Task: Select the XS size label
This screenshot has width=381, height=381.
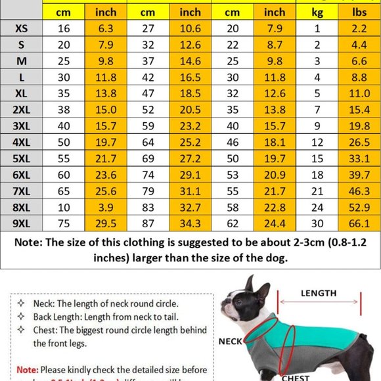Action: click(x=21, y=28)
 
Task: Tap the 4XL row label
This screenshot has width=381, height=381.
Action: click(x=21, y=141)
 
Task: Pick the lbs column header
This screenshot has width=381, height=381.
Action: click(x=358, y=12)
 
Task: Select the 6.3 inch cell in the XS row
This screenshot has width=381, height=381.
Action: click(x=106, y=28)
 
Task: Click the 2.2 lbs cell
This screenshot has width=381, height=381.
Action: click(x=358, y=28)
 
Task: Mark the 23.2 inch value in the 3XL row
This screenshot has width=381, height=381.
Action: click(x=190, y=125)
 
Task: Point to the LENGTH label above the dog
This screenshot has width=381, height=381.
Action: click(x=319, y=294)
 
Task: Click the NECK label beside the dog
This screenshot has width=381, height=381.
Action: click(x=231, y=342)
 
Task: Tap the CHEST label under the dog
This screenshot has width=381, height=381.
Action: click(x=296, y=378)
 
